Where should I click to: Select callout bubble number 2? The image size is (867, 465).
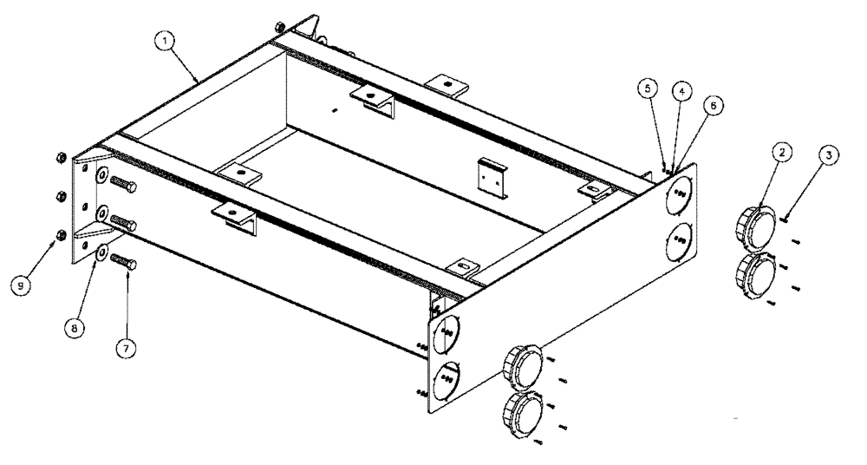(x=781, y=152)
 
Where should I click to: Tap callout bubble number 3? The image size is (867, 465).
(x=830, y=155)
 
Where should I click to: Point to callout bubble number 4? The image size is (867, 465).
(x=681, y=89)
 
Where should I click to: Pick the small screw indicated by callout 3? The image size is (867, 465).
(x=783, y=219)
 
